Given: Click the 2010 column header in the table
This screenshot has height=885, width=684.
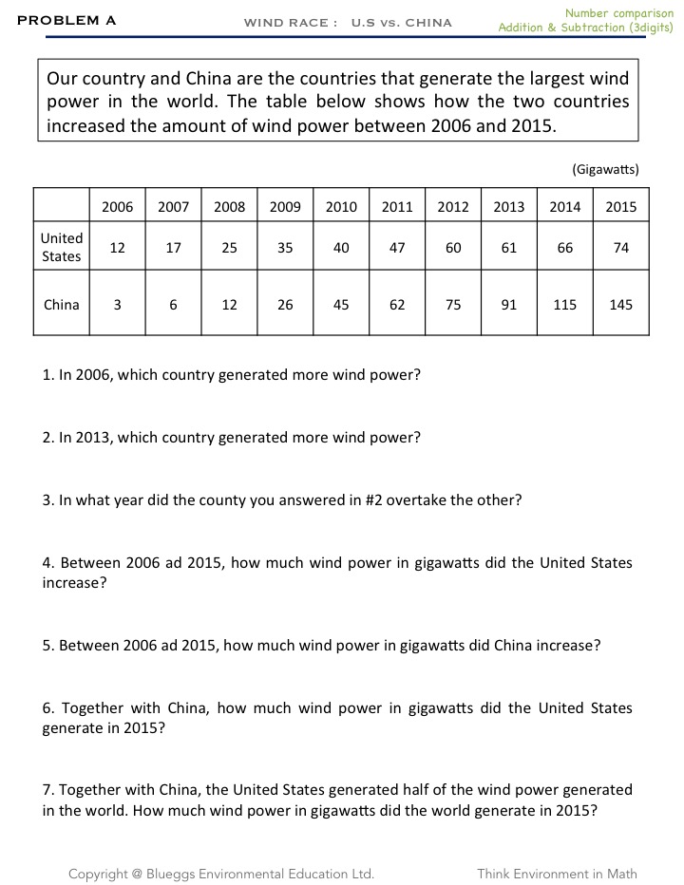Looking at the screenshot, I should pos(341,207).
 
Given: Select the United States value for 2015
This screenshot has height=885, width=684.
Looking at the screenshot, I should pos(621,248).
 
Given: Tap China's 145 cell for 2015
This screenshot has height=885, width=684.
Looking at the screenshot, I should pos(621,305).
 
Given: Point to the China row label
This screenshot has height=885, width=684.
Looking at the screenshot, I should pos(62,305).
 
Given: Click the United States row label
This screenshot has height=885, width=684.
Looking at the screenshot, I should pos(62,247).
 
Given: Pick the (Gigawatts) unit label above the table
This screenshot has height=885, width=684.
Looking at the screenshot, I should pos(605,169).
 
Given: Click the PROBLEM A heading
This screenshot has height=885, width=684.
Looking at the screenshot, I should pos(66,20).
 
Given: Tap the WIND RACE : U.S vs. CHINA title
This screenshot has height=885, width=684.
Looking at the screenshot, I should pos(348,23).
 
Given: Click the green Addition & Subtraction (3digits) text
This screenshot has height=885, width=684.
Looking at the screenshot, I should pos(585,28).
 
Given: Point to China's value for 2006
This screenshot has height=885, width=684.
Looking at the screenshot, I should pos(118,305).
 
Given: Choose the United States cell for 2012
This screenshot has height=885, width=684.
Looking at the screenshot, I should pos(453,248).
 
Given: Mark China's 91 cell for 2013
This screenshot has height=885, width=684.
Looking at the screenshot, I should pos(509,305).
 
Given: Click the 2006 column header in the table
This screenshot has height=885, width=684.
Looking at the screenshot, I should pos(118,207).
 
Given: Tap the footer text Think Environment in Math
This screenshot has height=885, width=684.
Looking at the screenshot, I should pos(557,874).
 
